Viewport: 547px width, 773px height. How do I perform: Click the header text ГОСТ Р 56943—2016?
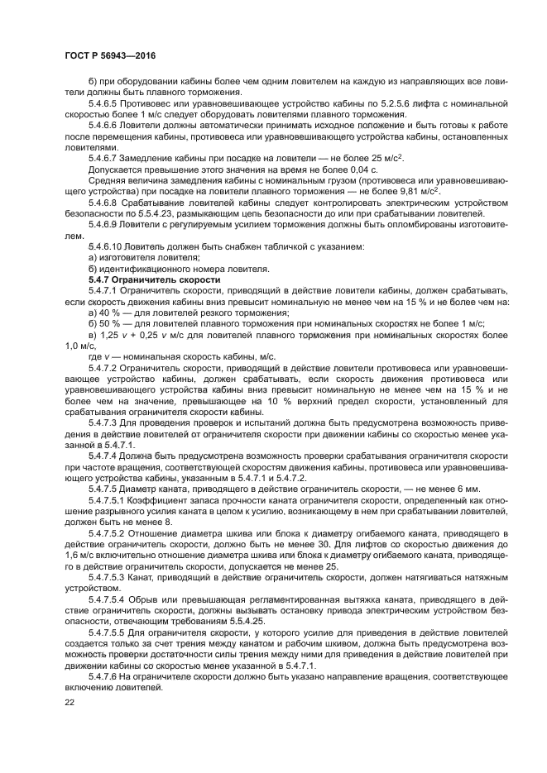click(x=110, y=55)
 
